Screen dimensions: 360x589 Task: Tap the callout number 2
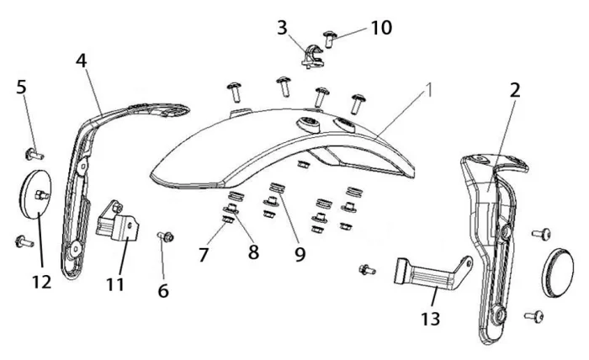point(514,90)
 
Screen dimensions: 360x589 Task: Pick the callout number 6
point(163,291)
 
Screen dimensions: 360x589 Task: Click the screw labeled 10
point(331,36)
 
